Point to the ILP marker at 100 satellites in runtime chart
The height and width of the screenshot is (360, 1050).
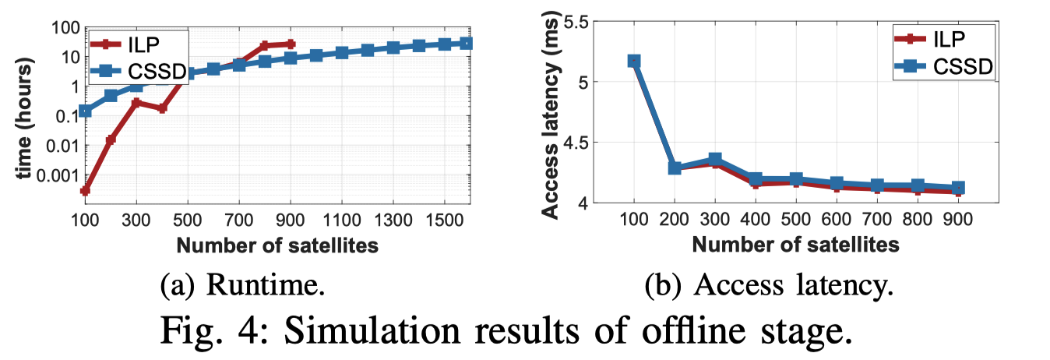pos(85,190)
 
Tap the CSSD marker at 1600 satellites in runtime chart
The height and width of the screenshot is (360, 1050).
pos(467,44)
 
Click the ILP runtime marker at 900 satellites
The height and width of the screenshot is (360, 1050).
pos(291,44)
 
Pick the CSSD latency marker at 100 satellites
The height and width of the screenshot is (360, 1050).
pos(634,61)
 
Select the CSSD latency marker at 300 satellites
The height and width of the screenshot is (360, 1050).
pos(715,160)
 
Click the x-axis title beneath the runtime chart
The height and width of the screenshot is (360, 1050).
pos(278,246)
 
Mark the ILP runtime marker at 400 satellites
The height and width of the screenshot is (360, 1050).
pos(162,108)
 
